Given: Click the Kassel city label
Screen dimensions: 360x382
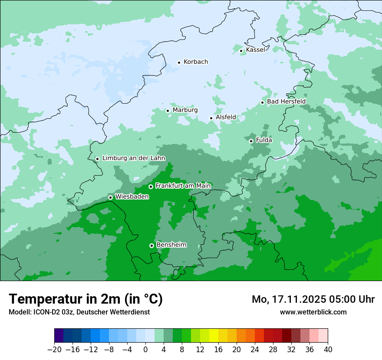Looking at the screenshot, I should coord(255,50).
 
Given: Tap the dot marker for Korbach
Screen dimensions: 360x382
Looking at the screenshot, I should coord(179,62).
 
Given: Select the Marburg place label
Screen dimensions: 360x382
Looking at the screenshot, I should coord(185,110).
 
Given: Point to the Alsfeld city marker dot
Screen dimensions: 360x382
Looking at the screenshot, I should coord(211,118).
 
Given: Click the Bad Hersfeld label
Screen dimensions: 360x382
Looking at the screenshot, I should coord(286,101).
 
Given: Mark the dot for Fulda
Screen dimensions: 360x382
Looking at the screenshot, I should coord(251,141).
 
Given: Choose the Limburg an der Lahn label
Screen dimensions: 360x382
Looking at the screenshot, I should coord(134,158).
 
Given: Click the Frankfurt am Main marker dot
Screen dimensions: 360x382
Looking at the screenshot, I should coord(151,187).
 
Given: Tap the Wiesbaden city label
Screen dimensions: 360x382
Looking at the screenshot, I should coord(132,197).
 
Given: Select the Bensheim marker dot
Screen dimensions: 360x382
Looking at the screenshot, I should coord(151,245).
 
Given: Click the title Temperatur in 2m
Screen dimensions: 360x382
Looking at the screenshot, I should coord(86,299).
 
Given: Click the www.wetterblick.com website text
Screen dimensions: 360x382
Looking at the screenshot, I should coord(313,312).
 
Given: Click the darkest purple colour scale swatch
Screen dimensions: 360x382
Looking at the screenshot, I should coord(59,336).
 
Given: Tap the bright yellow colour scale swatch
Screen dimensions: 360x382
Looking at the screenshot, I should coord(214,336).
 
